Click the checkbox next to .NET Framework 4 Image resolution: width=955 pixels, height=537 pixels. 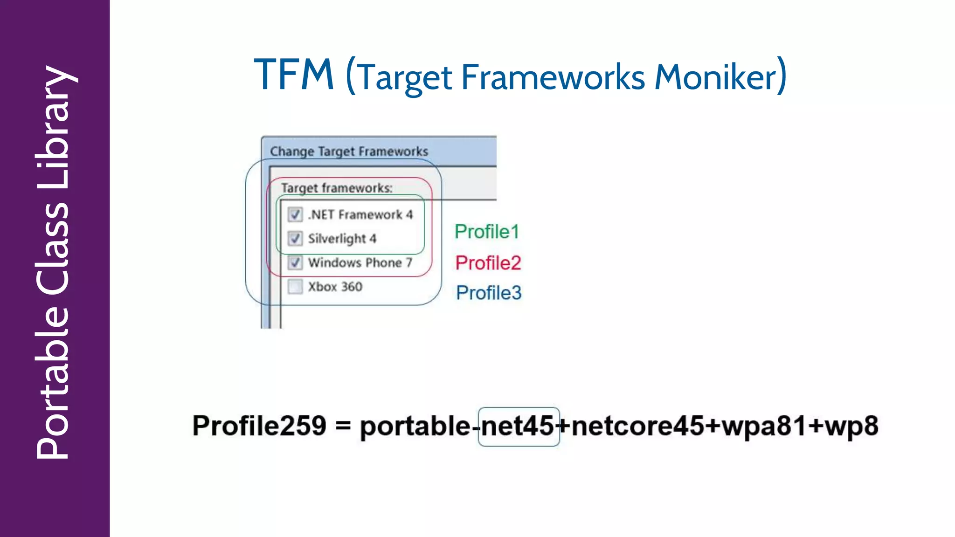pyautogui.click(x=295, y=214)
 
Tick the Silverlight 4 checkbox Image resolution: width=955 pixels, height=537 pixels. pyautogui.click(x=295, y=239)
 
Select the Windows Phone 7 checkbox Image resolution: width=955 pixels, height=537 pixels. pyautogui.click(x=295, y=262)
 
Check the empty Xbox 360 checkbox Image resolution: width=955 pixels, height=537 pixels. pyautogui.click(x=295, y=286)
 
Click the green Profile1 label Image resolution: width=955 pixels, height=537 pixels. pyautogui.click(x=486, y=232)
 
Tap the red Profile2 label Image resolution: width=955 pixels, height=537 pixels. pyautogui.click(x=488, y=263)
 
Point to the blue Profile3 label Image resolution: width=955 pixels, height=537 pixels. pyautogui.click(x=488, y=293)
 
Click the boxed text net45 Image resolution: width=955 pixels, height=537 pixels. pyautogui.click(x=518, y=426)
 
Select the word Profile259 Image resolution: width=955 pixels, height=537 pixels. pyautogui.click(x=259, y=426)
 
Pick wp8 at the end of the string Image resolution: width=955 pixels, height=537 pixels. pyautogui.click(x=851, y=426)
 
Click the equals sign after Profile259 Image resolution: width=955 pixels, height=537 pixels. pyautogui.click(x=343, y=426)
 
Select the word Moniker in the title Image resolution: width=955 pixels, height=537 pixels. pyautogui.click(x=715, y=77)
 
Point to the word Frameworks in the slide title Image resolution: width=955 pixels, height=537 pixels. pyautogui.click(x=553, y=77)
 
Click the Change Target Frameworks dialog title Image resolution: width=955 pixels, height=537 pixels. pyautogui.click(x=349, y=151)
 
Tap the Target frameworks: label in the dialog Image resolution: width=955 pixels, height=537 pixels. pyautogui.click(x=337, y=188)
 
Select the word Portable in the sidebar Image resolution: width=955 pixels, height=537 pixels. pyautogui.click(x=54, y=382)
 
